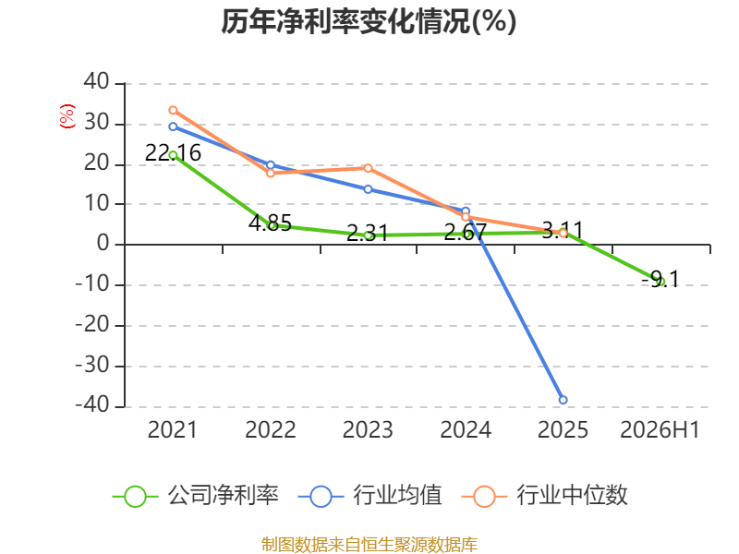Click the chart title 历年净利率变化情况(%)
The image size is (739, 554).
[369, 21]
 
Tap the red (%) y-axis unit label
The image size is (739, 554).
[67, 116]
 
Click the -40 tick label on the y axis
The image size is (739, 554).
[93, 405]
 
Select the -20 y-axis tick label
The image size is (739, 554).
[93, 325]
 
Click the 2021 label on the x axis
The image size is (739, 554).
[173, 429]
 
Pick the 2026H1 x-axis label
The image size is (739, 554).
[660, 429]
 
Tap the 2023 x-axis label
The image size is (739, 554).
[368, 429]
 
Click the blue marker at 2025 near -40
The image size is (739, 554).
[563, 400]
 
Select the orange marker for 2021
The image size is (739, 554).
[173, 110]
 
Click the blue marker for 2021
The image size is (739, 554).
[173, 126]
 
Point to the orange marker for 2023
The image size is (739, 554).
[368, 168]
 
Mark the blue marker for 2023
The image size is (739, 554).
[368, 189]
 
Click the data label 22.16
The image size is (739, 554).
[173, 152]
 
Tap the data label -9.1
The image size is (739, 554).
[660, 280]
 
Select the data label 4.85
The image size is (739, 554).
[270, 223]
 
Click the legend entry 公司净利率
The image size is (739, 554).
[196, 495]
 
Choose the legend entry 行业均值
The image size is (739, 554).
[370, 495]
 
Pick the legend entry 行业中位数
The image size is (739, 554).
[544, 495]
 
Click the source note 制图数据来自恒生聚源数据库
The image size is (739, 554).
[369, 545]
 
